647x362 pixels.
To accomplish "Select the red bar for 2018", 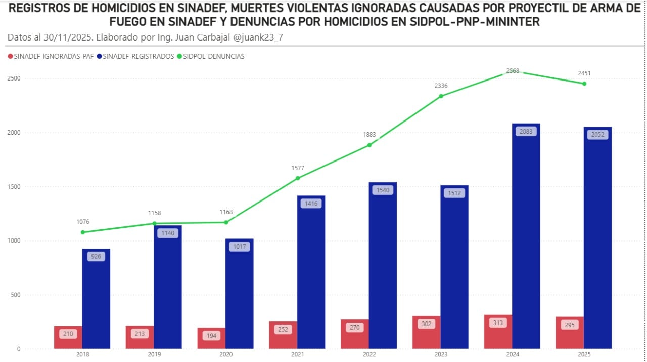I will point(68,337).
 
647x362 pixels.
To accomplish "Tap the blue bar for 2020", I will point(240,294).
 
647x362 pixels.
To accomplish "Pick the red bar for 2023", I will point(426,333).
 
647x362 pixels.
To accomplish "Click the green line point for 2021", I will point(298,178).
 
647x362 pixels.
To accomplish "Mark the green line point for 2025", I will point(584,84).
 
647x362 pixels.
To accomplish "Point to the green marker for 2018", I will point(83,232).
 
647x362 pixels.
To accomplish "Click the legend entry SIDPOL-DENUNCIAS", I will point(212,57).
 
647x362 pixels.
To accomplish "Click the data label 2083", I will point(526,132).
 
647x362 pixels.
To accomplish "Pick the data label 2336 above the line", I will point(441,86).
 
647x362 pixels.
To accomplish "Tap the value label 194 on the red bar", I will point(211,336).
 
